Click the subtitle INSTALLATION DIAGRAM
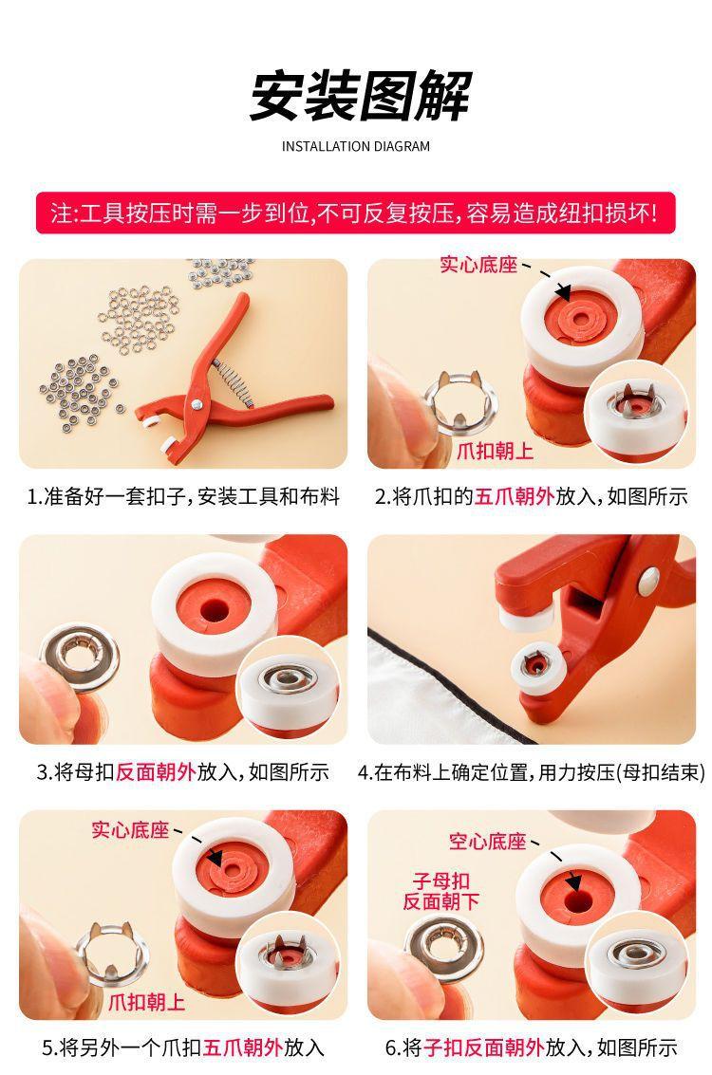click(x=356, y=146)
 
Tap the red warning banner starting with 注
click(x=355, y=213)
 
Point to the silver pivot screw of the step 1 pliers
click(x=197, y=404)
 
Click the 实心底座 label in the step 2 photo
click(x=478, y=265)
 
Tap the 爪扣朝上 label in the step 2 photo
click(x=495, y=451)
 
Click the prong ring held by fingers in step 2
click(x=459, y=403)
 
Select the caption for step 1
click(x=183, y=496)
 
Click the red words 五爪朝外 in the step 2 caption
click(x=514, y=496)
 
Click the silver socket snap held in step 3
click(x=80, y=658)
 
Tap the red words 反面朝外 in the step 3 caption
click(x=157, y=772)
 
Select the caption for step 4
click(x=532, y=772)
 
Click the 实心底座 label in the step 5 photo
click(x=130, y=830)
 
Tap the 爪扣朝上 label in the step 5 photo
click(x=147, y=1002)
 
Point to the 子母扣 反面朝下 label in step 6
click(x=441, y=891)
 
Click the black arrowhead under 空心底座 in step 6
click(x=572, y=883)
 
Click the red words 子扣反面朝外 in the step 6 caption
click(x=484, y=1047)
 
